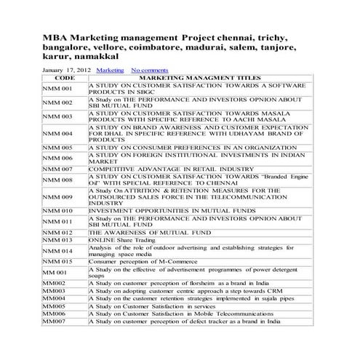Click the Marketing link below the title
[110, 70]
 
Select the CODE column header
[65, 77]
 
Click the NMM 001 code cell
[57, 89]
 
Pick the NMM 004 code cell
[57, 134]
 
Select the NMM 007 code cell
[57, 168]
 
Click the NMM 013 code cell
[57, 239]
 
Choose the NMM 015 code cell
[57, 260]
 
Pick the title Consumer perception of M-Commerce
[135, 260]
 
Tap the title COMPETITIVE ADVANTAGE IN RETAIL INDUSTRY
[167, 168]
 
